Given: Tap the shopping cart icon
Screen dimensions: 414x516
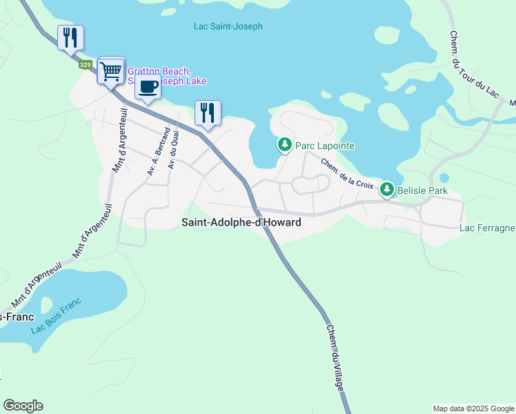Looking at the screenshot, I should pos(111,70).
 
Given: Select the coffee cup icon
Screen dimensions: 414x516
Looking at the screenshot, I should pos(148,87).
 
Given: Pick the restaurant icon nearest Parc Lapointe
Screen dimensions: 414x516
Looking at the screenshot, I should pos(208,112).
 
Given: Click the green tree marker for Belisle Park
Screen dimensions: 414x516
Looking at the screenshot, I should pos(387,189).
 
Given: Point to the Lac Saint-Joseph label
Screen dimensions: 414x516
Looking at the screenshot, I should pos(228,27).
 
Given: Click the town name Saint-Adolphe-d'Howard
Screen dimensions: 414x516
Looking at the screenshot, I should pos(241,223).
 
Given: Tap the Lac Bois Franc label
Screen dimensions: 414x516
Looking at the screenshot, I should pos(56,315).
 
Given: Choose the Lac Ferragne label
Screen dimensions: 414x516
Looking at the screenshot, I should pos(487,228).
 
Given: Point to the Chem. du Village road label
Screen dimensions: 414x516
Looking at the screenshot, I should pos(335,359).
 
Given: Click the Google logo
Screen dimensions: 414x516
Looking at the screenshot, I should pos(23,406).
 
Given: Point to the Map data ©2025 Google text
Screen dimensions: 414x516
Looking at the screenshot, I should pos(473,408).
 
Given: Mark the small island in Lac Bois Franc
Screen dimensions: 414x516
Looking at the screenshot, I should pos(47,304).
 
